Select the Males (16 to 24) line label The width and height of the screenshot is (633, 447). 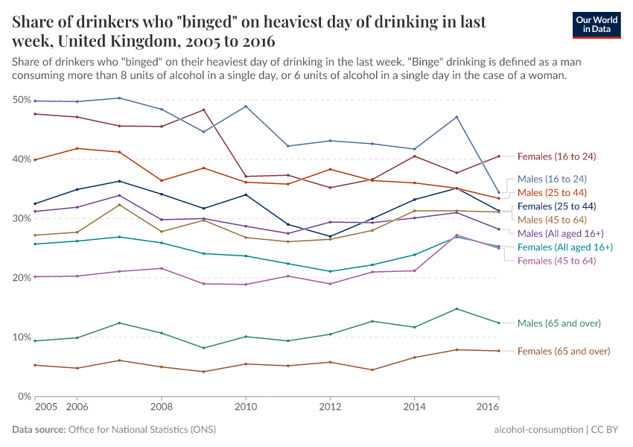tap(552, 179)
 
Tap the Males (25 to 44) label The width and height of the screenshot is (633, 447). tap(552, 192)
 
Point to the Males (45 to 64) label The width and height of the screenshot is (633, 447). tap(552, 220)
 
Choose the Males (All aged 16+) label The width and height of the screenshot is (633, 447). tap(561, 233)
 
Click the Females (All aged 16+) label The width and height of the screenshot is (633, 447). tap(565, 247)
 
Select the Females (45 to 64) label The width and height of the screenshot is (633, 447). tap(557, 260)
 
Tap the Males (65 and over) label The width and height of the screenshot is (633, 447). tap(559, 323)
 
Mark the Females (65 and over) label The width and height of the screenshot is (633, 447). tap(564, 351)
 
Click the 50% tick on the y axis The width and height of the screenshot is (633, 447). tap(22, 100)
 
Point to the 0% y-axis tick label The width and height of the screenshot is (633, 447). tap(25, 396)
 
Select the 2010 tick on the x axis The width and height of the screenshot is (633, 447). tap(246, 408)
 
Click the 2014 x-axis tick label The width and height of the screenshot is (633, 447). tap(414, 408)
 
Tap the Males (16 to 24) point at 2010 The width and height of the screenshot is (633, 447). tap(246, 106)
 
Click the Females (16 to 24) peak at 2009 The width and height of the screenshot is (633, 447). tap(204, 110)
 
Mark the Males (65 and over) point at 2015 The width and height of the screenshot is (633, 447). tap(457, 308)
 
